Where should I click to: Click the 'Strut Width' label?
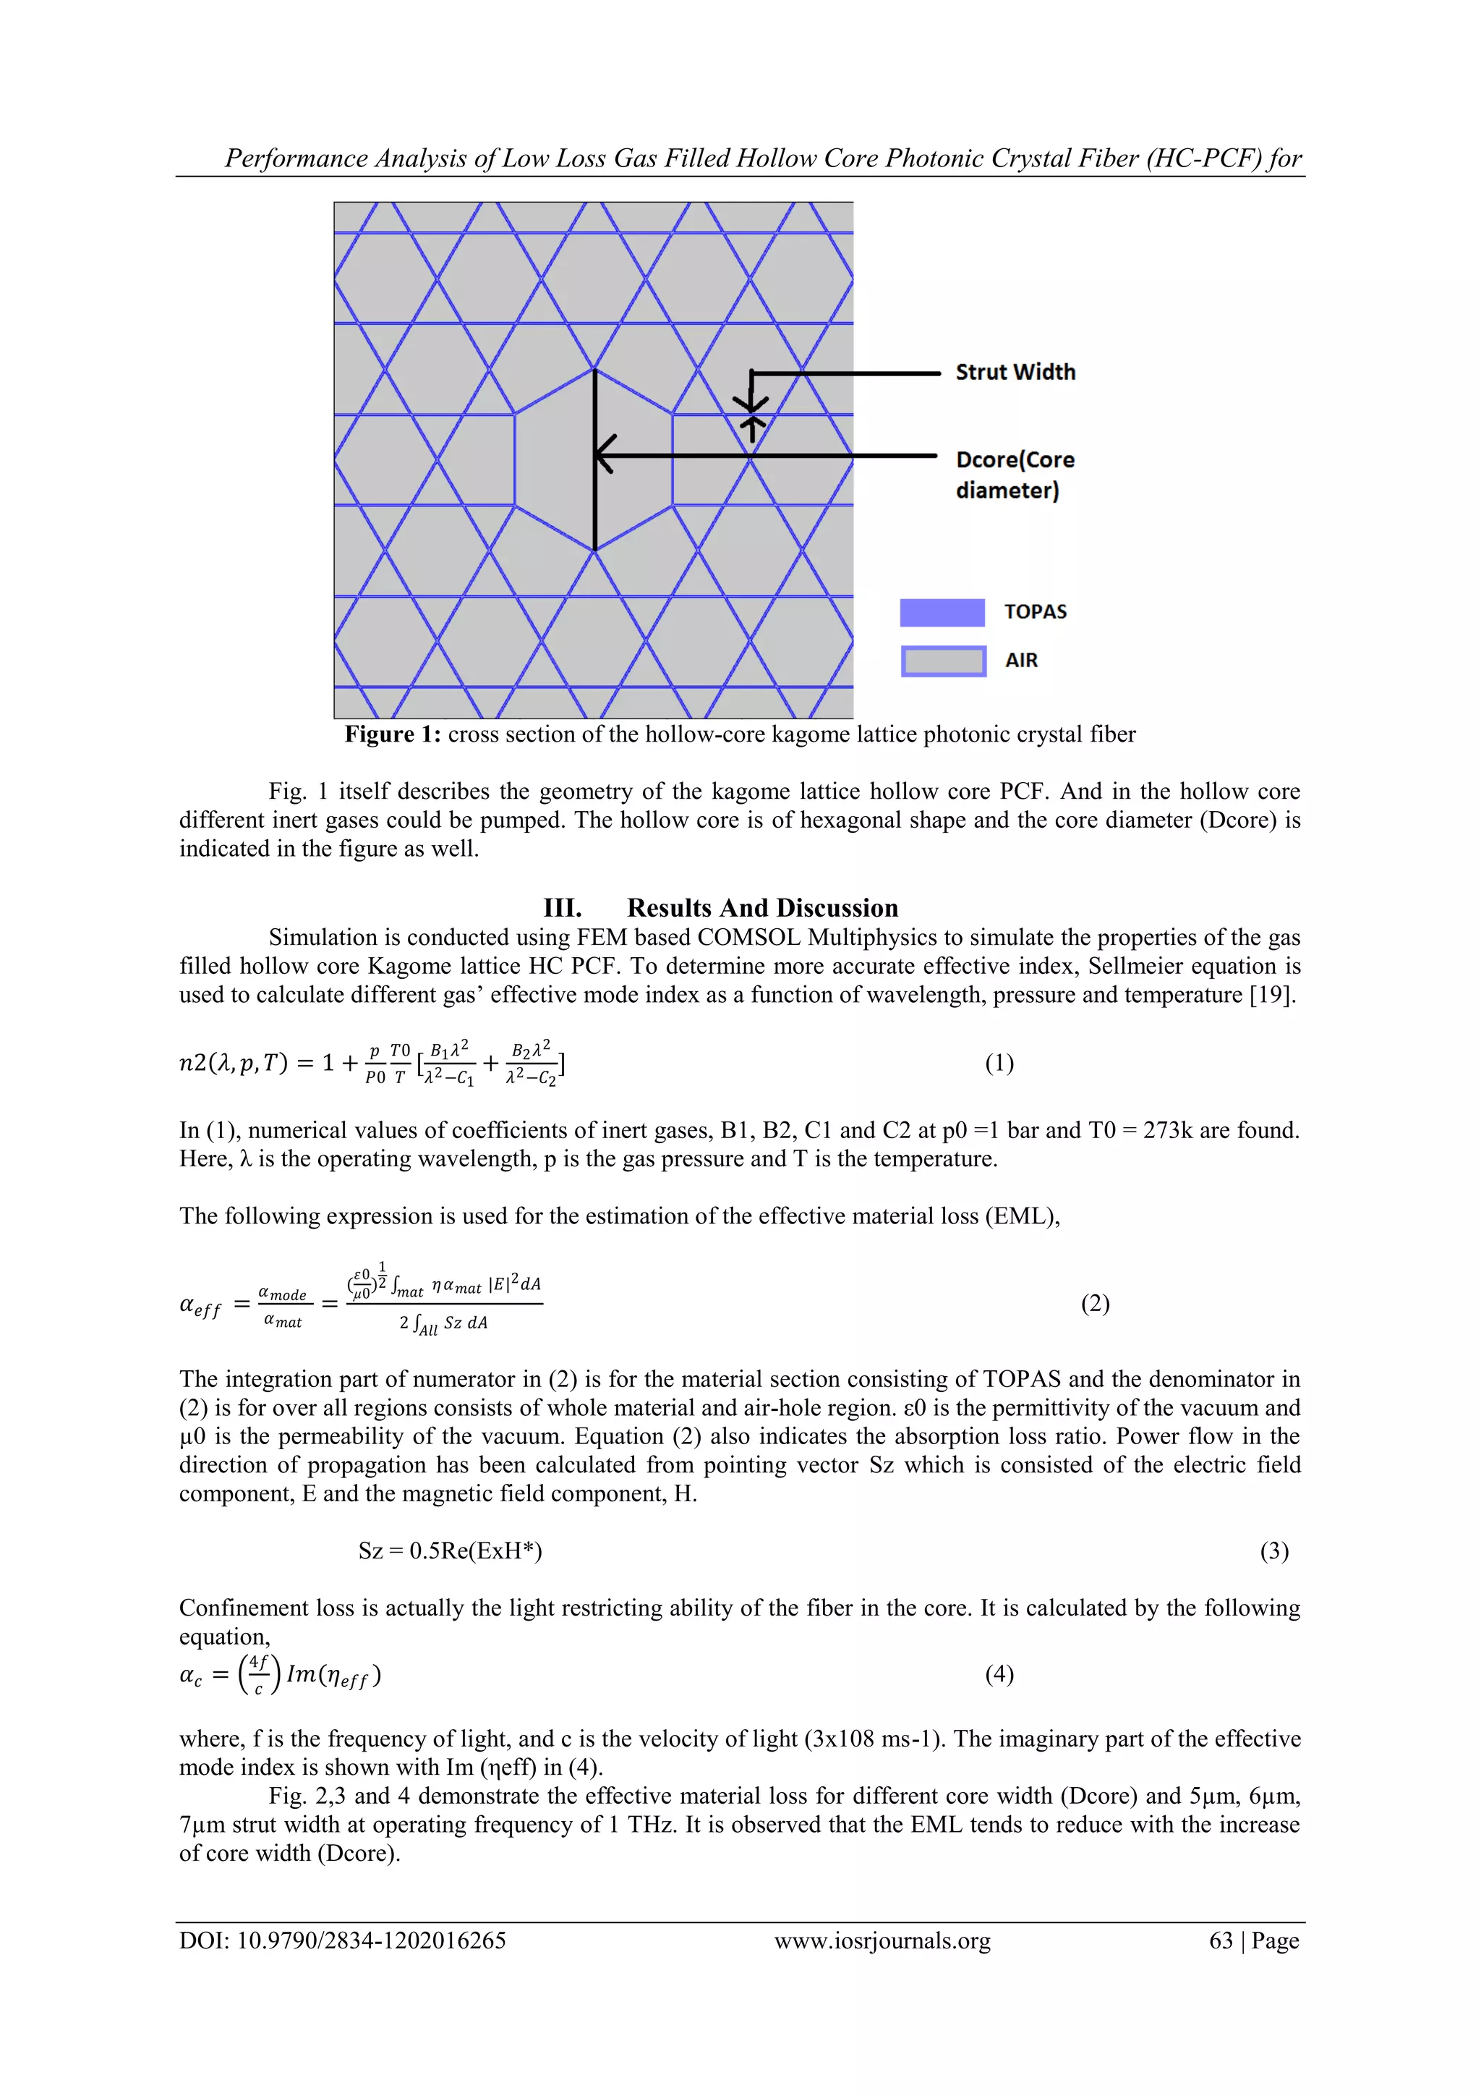click(1015, 372)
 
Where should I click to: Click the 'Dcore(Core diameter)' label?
click(1014, 475)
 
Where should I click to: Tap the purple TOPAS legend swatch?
click(942, 613)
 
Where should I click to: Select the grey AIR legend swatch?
click(944, 661)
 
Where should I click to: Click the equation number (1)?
click(999, 1063)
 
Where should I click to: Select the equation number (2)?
click(1095, 1303)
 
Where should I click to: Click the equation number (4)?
click(999, 1673)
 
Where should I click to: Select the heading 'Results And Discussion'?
click(762, 907)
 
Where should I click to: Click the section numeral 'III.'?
click(562, 907)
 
